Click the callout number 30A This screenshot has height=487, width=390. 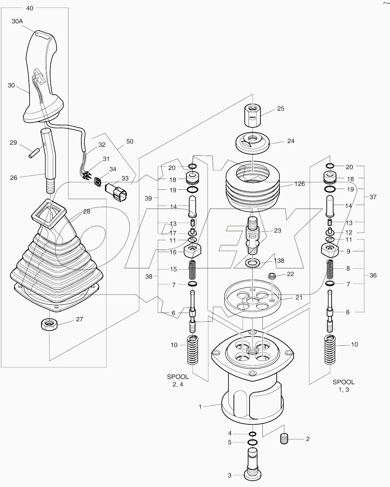(x=17, y=21)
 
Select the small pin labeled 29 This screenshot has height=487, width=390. (x=33, y=154)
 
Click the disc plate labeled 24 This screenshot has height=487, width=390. (x=253, y=142)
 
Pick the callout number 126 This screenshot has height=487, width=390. (x=299, y=184)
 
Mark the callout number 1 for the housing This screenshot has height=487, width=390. (x=200, y=406)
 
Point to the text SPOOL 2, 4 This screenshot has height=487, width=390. (x=178, y=380)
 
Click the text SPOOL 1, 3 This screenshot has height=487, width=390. (x=343, y=385)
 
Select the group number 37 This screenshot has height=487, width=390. (x=373, y=197)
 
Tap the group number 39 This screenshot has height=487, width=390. (x=148, y=198)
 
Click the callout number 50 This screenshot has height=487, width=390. (x=130, y=142)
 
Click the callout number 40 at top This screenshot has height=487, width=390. (x=30, y=8)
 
